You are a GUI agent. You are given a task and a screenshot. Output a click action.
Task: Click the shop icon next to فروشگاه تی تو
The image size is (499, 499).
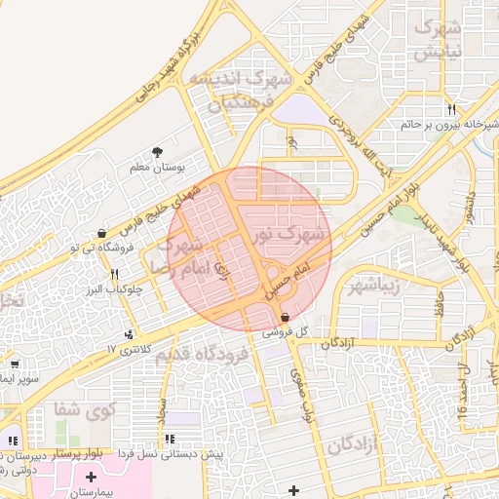click(102, 233)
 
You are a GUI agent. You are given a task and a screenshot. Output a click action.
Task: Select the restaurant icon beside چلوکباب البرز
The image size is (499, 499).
click(114, 274)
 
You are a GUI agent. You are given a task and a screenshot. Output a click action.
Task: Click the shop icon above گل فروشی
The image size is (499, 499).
click(284, 318)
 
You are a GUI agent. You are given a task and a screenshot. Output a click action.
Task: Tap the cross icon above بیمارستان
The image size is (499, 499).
click(92, 477)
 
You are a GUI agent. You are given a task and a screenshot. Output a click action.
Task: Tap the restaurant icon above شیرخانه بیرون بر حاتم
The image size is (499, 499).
click(450, 109)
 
